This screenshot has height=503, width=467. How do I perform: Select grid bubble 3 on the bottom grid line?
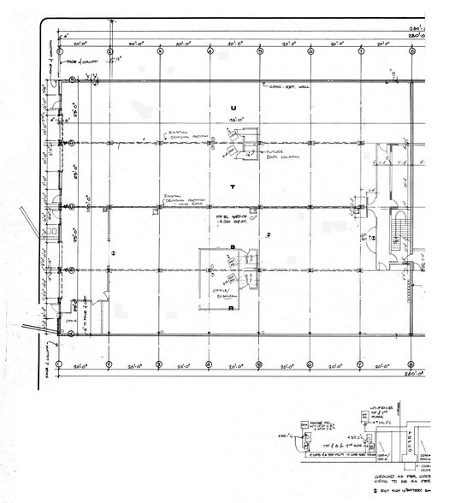pos(159,364)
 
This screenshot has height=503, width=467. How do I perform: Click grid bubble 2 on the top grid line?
pos(109,50)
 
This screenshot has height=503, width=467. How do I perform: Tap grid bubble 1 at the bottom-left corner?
pos(58,364)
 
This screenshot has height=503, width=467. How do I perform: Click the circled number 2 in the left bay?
pos(113,254)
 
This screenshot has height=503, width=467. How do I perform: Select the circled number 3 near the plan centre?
pos(268,234)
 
